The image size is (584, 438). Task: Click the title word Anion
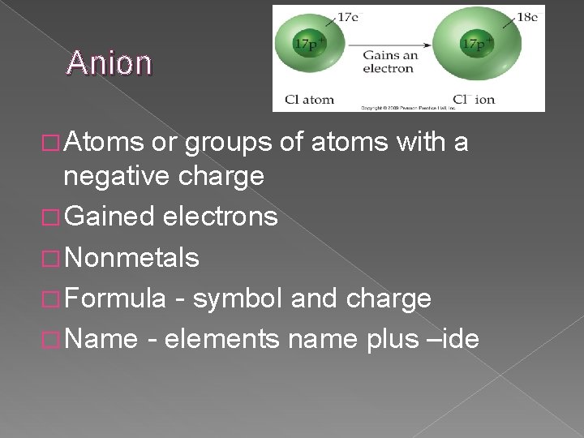tap(109, 62)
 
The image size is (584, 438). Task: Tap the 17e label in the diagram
tap(348, 16)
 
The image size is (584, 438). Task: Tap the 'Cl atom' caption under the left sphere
tap(308, 100)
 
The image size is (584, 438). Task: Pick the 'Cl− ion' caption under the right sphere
tap(474, 100)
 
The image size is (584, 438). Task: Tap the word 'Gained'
tap(109, 217)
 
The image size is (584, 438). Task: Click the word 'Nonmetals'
tap(131, 258)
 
